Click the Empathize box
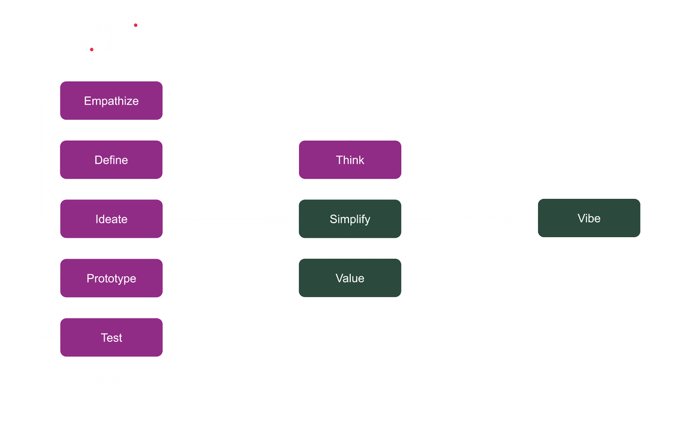[x=111, y=101]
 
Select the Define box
[x=111, y=160]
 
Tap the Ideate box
[x=111, y=219]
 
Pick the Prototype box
[x=111, y=278]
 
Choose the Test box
[x=111, y=338]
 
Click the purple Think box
[x=350, y=160]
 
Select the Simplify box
[x=350, y=219]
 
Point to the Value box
[x=350, y=278]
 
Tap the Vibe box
[x=589, y=218]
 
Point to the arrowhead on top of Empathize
[x=111, y=77]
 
